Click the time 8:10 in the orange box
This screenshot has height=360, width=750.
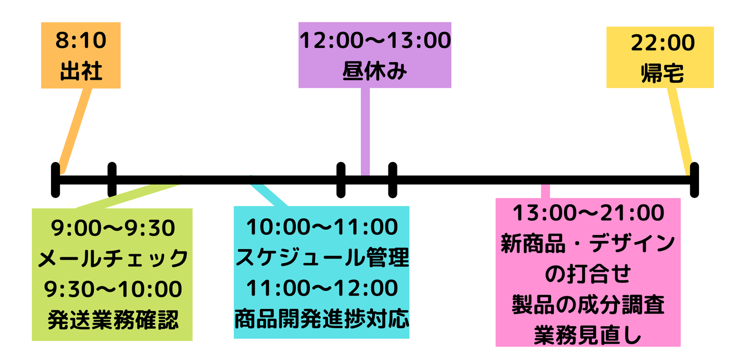[81, 40]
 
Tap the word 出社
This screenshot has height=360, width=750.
[81, 71]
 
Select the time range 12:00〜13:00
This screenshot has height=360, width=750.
[375, 40]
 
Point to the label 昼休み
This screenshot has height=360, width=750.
[374, 71]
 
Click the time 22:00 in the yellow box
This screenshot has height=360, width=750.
[662, 43]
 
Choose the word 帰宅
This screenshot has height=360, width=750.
[662, 73]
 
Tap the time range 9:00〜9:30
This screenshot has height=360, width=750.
[113, 228]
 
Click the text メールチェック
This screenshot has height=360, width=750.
[113, 258]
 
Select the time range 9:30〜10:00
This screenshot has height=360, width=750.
[113, 289]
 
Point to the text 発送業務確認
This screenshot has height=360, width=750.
[113, 320]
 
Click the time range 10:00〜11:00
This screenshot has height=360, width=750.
[322, 227]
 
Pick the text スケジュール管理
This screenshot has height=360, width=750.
[322, 257]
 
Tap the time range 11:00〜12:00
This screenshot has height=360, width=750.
[322, 288]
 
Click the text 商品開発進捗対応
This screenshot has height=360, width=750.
[322, 318]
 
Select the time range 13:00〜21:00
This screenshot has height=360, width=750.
[589, 213]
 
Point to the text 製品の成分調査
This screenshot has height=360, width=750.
[589, 305]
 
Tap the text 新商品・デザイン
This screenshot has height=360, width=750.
[588, 243]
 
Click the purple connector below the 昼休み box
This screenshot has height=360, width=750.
[365, 132]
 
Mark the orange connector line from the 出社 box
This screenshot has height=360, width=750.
[76, 131]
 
